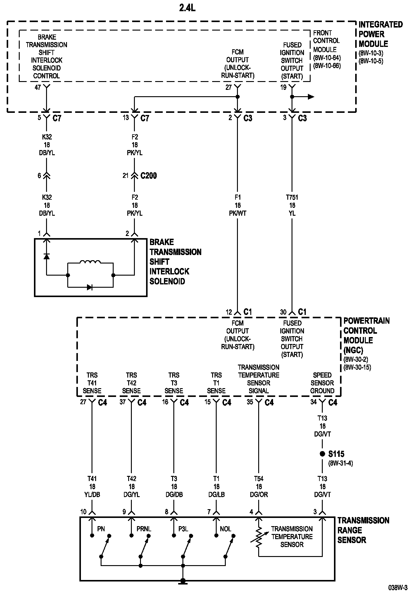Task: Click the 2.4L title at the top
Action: coord(187,8)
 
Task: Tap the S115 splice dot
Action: coord(322,454)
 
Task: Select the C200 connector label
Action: coord(148,175)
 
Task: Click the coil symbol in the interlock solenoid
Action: coord(90,262)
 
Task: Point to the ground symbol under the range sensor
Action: coord(183,581)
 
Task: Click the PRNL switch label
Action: coord(144,529)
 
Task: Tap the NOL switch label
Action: coord(225,529)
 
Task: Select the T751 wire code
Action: coord(292,197)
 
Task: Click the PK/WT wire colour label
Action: coord(238,213)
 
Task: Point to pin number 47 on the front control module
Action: coord(38,88)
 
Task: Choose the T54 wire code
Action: coord(259,479)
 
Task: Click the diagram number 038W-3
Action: coord(398,588)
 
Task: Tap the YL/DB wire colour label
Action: coord(92,494)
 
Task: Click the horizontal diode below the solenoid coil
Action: coord(90,287)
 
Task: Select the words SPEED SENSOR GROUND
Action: coord(322,383)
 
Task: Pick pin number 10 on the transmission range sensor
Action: coord(83,512)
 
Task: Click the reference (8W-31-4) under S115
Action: coord(341,463)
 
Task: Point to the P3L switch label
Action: coord(183,529)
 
